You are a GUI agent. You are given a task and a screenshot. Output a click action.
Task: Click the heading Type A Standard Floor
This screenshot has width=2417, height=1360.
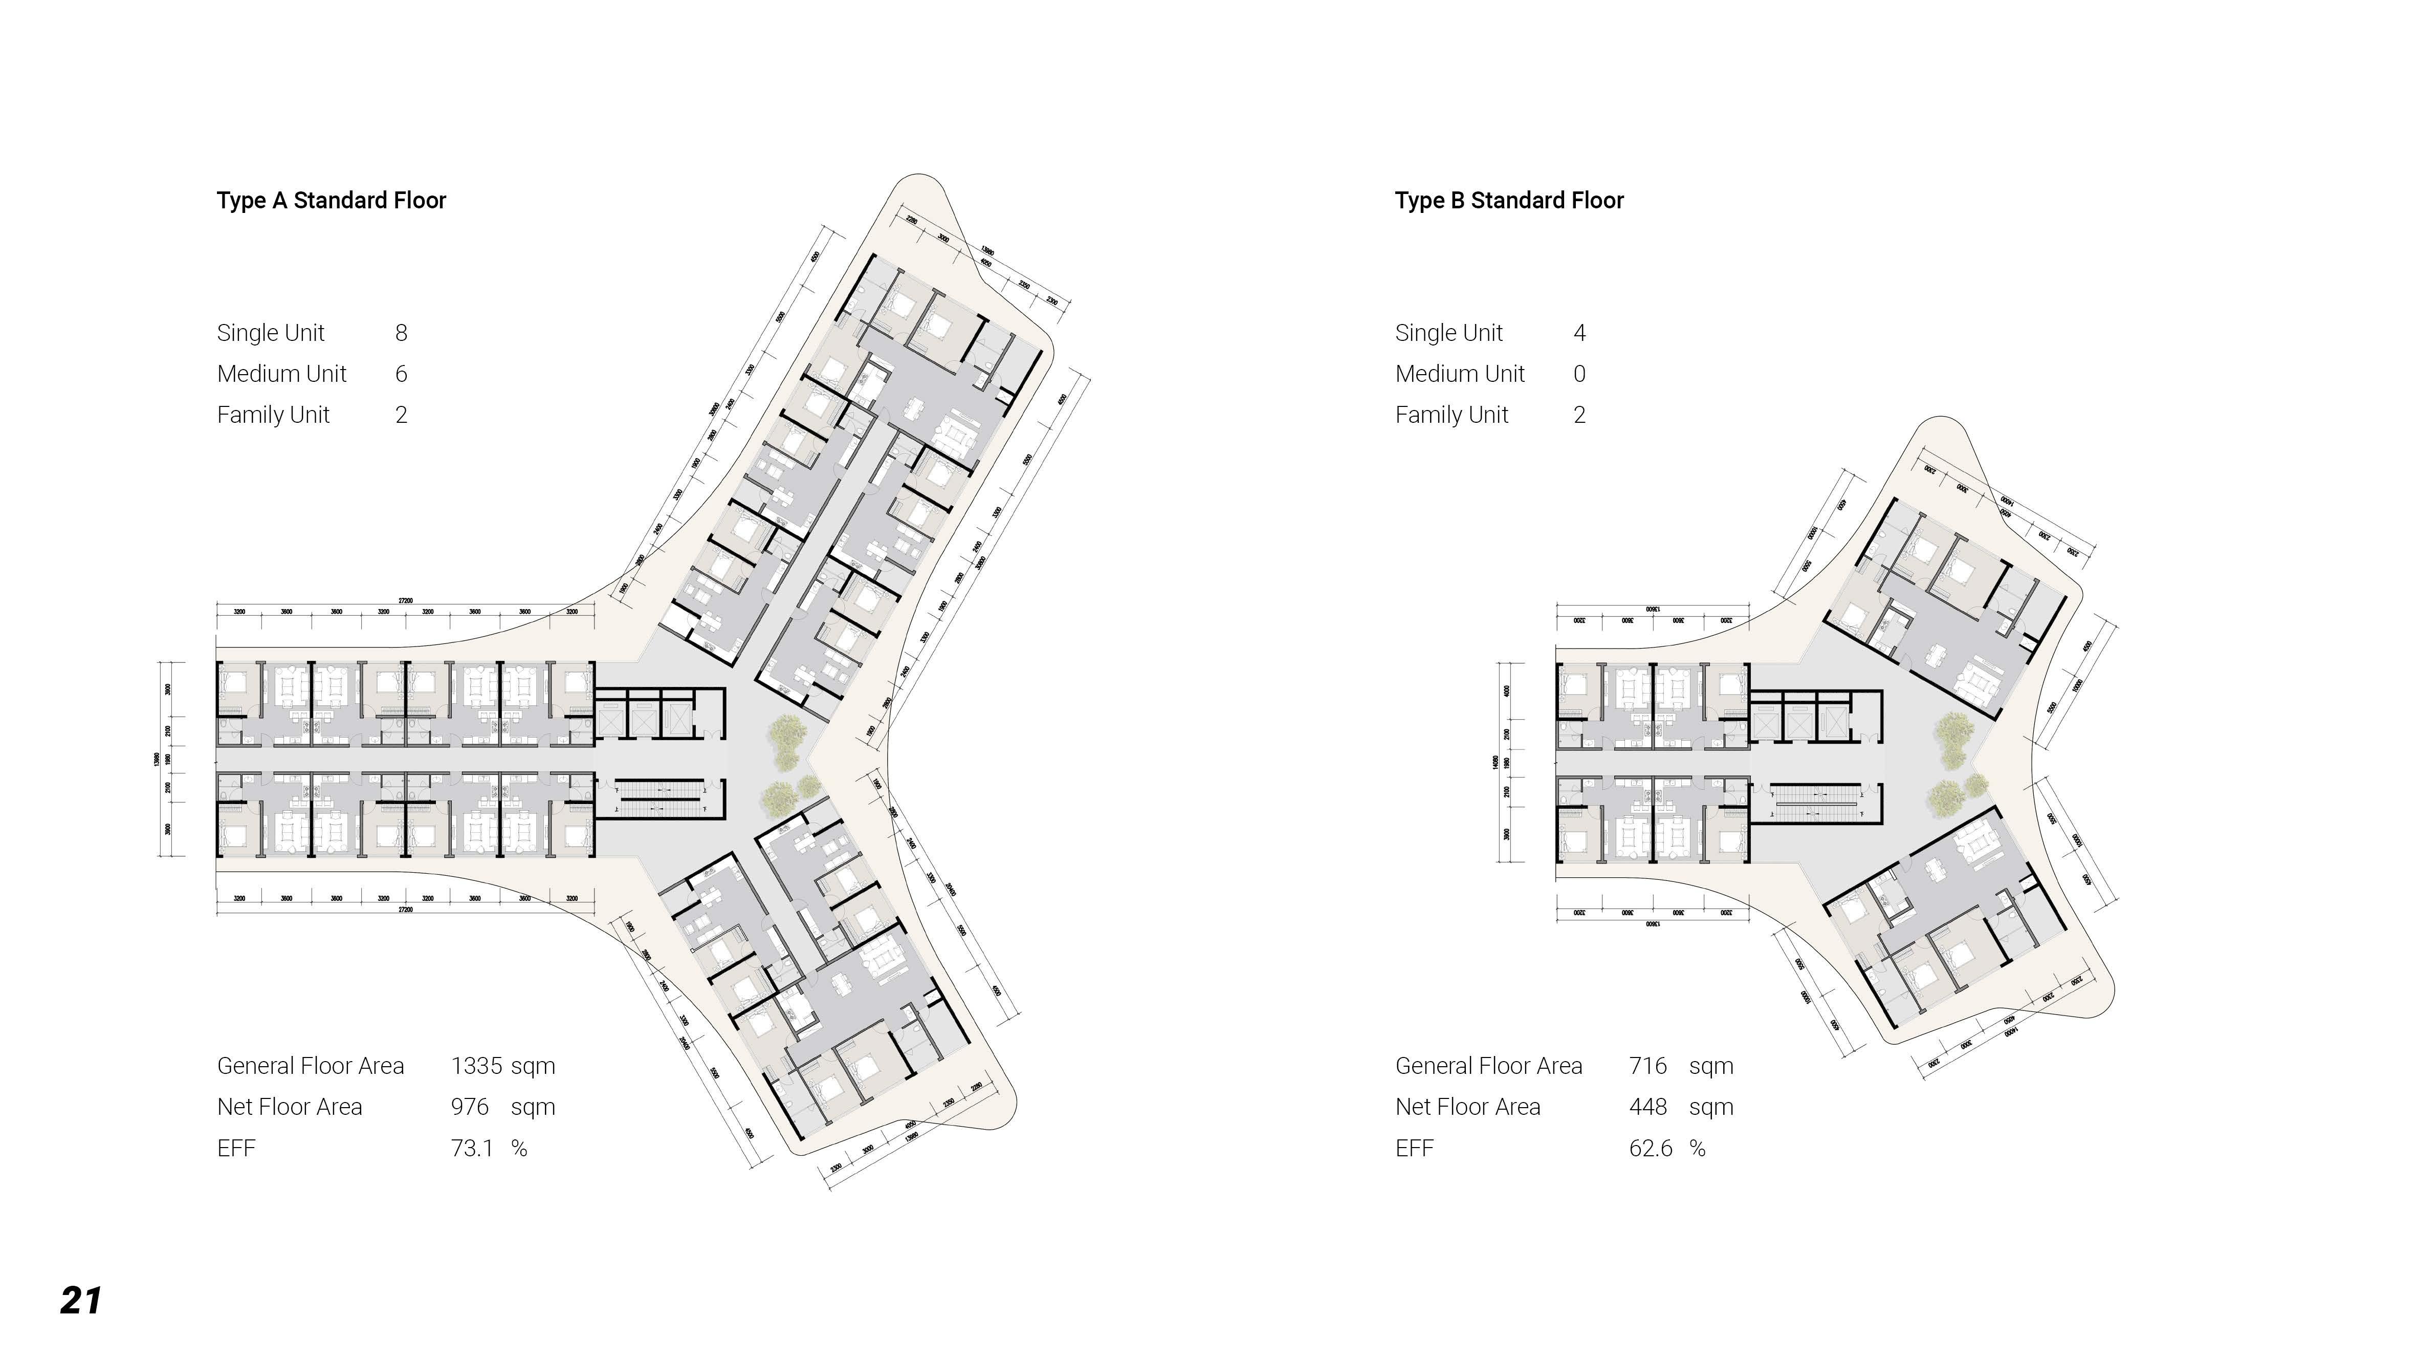(x=331, y=200)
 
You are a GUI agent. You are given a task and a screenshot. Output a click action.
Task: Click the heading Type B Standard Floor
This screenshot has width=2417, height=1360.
(x=1509, y=200)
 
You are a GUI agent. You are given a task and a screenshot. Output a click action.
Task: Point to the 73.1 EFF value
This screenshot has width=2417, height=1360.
(x=472, y=1149)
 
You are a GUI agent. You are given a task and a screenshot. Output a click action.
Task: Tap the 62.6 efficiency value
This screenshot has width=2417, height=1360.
(x=1651, y=1149)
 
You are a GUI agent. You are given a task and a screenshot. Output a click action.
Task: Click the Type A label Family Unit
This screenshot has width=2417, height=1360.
(x=273, y=415)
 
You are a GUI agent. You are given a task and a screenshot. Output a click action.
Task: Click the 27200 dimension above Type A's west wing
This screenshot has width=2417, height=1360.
(x=405, y=601)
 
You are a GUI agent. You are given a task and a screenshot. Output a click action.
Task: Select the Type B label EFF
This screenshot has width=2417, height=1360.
(x=1414, y=1149)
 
